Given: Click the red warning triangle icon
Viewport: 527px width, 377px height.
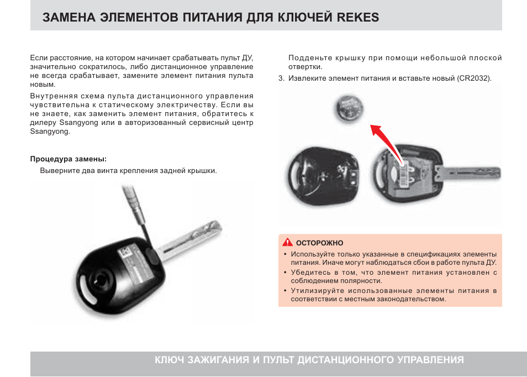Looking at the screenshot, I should (x=287, y=243).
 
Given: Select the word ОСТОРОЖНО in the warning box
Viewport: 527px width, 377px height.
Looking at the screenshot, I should (x=320, y=243).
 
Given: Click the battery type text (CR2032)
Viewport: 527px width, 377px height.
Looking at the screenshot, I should (x=474, y=78).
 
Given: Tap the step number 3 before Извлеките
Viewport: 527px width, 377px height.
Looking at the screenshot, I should (x=281, y=78).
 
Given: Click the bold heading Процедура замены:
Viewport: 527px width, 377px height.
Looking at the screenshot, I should (x=68, y=159).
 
